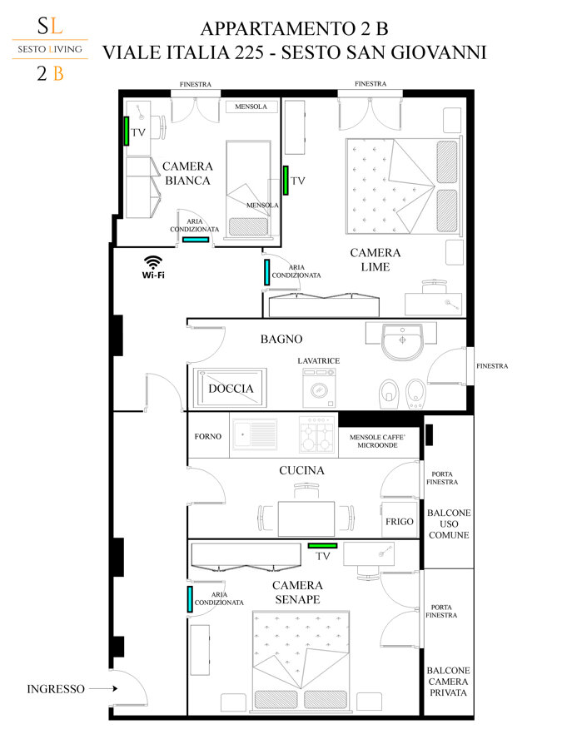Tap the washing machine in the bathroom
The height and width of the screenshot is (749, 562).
click(x=319, y=388)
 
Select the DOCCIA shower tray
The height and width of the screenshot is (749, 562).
click(x=231, y=388)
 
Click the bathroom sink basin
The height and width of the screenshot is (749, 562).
click(x=402, y=341)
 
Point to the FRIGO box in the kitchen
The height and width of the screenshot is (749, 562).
click(x=399, y=520)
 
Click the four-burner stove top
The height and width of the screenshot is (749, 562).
click(x=316, y=434)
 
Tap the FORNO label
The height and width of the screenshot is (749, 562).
click(x=208, y=436)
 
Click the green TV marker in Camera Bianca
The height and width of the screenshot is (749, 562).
click(x=127, y=131)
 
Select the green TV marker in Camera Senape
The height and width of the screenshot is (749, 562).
click(x=322, y=545)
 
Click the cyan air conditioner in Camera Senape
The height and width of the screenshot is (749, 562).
click(x=190, y=599)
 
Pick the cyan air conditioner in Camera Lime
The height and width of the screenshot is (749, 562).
click(x=266, y=272)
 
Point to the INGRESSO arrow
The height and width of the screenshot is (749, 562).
click(x=103, y=688)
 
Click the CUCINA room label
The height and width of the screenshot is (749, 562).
click(x=301, y=470)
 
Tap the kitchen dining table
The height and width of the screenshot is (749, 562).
click(x=306, y=518)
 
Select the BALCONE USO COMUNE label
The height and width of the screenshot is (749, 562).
click(x=449, y=524)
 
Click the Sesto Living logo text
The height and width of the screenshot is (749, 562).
click(x=50, y=49)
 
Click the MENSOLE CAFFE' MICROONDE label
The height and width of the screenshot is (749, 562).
click(x=377, y=441)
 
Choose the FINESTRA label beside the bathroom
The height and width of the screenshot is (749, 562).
click(x=492, y=366)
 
